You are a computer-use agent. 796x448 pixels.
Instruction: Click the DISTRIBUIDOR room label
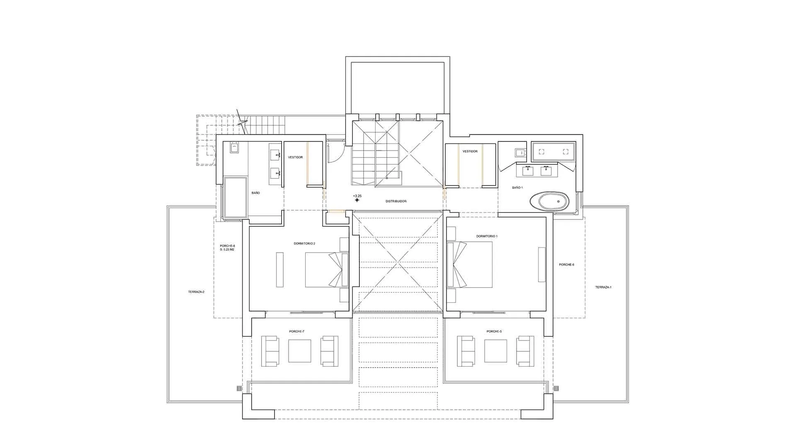coord(396,201)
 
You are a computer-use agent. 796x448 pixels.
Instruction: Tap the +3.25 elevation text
coord(357,196)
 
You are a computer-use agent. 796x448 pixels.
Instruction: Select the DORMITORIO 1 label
coord(487,236)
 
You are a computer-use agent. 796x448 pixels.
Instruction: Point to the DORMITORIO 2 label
coord(304,243)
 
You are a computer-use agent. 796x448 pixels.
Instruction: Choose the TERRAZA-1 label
coord(603,287)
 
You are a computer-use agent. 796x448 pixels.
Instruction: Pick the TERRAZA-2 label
coord(196,292)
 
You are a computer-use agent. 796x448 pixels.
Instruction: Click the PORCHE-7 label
coord(297,331)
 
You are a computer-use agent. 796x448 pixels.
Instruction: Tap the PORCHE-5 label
coord(494,331)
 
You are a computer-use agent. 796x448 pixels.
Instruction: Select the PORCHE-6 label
coord(566,265)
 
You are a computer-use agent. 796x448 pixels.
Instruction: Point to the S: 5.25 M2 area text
coord(227,250)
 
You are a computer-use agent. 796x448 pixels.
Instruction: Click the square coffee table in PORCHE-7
coord(300,351)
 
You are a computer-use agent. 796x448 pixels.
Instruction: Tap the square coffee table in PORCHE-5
coord(495,351)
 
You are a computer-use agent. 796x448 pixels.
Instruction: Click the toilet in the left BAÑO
coord(234,148)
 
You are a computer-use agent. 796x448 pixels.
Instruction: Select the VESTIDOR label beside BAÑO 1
coord(470,151)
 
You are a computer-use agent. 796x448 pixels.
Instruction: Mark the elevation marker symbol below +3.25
coord(357,200)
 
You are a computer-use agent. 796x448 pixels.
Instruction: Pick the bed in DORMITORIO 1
coord(470,265)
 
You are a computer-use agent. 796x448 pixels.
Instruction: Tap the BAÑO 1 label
coord(517,187)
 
